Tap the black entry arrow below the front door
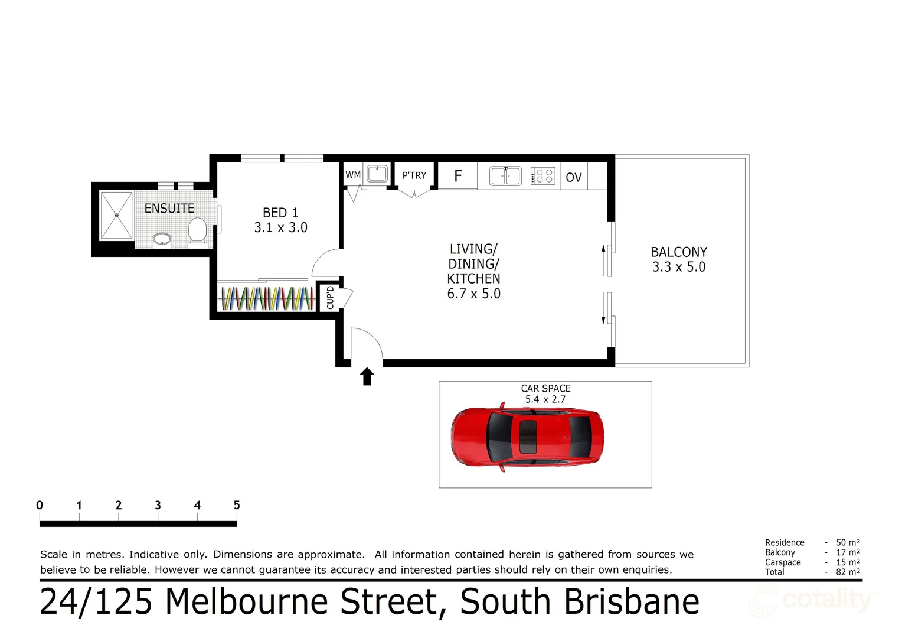[x=367, y=376]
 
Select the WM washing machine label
[x=353, y=175]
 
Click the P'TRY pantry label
[x=414, y=175]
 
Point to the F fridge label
[x=457, y=176]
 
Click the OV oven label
[x=573, y=177]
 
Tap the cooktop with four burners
[x=543, y=176]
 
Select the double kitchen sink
[x=505, y=176]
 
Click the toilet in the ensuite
[x=197, y=231]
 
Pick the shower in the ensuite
[x=116, y=216]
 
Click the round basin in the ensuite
[x=162, y=239]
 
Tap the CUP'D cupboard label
[x=330, y=298]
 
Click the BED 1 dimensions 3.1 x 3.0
[x=280, y=227]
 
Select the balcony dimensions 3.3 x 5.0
[x=678, y=267]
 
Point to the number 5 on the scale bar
[x=237, y=505]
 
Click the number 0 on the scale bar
[x=40, y=505]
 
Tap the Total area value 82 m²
[x=847, y=572]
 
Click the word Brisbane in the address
[x=632, y=602]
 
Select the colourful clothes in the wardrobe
[x=267, y=298]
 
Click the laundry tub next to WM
[x=377, y=174]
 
